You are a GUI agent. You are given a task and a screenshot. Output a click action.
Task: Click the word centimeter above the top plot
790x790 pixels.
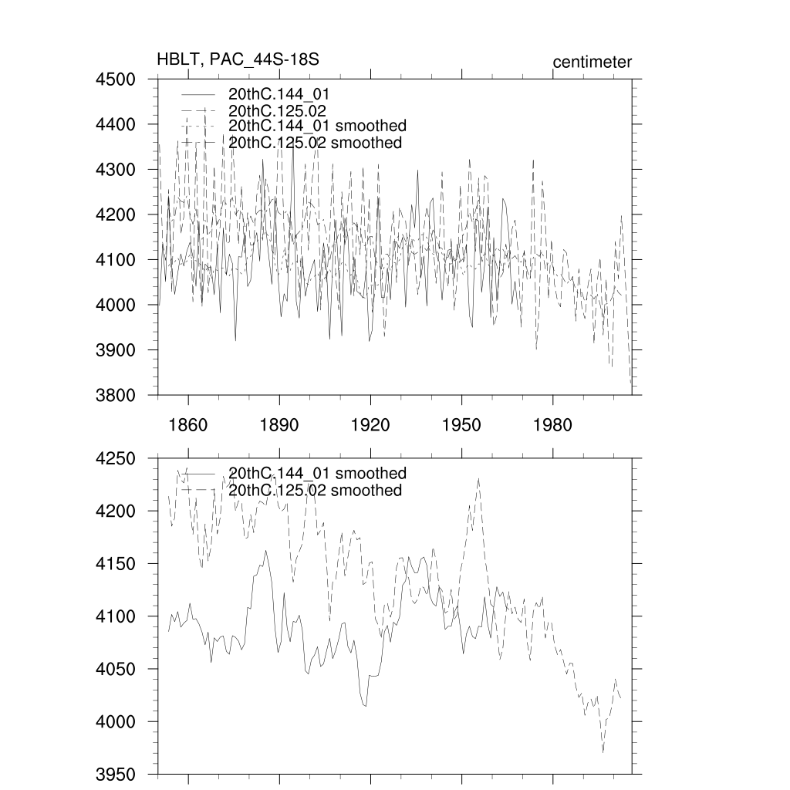click(592, 62)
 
